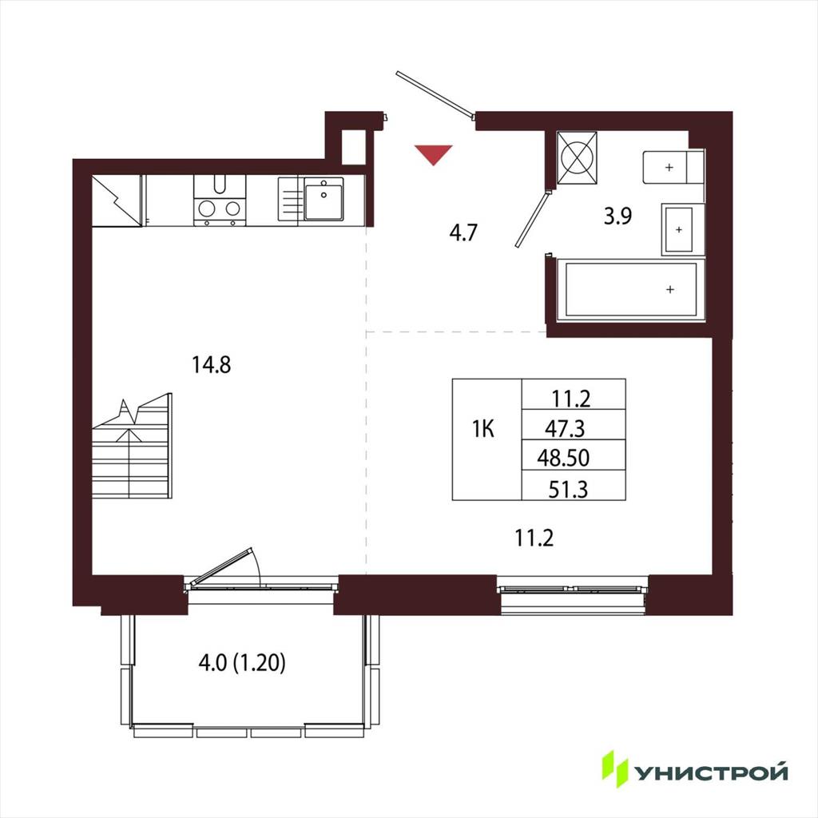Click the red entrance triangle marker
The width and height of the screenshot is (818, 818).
[434, 155]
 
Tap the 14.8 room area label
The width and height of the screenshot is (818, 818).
[211, 364]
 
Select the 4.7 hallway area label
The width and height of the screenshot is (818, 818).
[463, 232]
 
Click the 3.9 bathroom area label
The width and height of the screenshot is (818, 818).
[617, 216]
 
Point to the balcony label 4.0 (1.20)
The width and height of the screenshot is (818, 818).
[242, 663]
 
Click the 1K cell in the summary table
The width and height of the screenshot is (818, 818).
[483, 429]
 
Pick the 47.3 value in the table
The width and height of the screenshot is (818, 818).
[565, 428]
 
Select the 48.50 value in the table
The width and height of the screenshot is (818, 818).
[563, 458]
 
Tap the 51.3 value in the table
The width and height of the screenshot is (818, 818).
[568, 490]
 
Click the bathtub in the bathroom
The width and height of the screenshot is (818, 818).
[631, 289]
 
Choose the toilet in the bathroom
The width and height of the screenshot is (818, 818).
[673, 168]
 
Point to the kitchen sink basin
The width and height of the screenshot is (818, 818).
[324, 199]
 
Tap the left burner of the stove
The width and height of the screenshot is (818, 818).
[207, 208]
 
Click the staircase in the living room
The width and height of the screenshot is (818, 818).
[133, 447]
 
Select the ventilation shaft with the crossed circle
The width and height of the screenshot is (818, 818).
[577, 157]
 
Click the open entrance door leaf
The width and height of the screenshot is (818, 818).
[435, 93]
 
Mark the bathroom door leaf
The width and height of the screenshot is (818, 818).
[532, 219]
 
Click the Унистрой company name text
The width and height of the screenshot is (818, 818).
[710, 772]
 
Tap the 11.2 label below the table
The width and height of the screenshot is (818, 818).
[534, 538]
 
